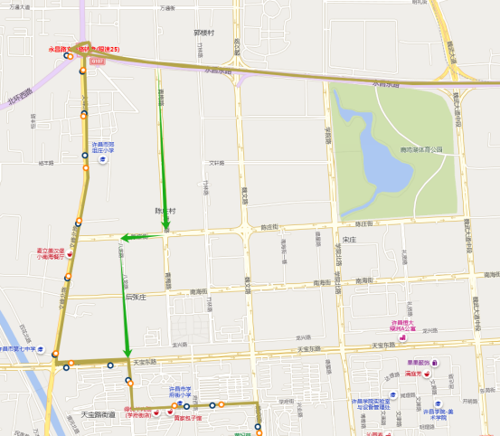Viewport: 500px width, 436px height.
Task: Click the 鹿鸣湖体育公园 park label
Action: (x=423, y=149)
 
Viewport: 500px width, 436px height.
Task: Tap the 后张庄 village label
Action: (x=136, y=296)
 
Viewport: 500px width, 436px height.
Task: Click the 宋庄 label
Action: (x=350, y=240)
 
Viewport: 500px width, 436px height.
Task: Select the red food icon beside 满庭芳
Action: (x=434, y=373)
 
